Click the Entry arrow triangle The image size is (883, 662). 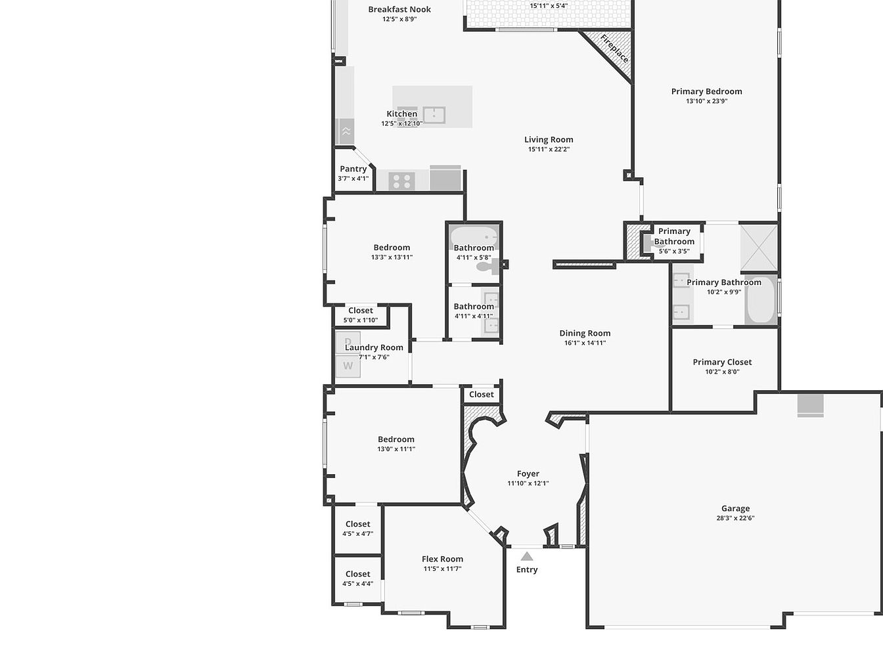[527, 557]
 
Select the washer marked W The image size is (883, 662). [348, 366]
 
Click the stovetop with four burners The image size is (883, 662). [402, 181]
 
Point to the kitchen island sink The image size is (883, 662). [434, 115]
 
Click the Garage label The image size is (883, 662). [735, 508]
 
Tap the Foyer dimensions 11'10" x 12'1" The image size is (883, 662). [528, 483]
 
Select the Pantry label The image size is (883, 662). [353, 169]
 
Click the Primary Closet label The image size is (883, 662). [722, 362]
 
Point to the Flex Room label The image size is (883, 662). [442, 559]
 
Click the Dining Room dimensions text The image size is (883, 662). [585, 343]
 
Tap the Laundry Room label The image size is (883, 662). [374, 347]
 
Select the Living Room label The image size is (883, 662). [549, 139]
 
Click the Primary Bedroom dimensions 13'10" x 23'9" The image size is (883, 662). [707, 101]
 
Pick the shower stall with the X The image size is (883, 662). [759, 248]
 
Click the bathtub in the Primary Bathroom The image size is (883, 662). [759, 299]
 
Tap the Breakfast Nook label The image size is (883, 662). [399, 9]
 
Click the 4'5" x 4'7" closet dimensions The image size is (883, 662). [357, 534]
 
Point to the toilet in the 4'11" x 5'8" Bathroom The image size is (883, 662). [487, 266]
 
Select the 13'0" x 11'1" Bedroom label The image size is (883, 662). [396, 439]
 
